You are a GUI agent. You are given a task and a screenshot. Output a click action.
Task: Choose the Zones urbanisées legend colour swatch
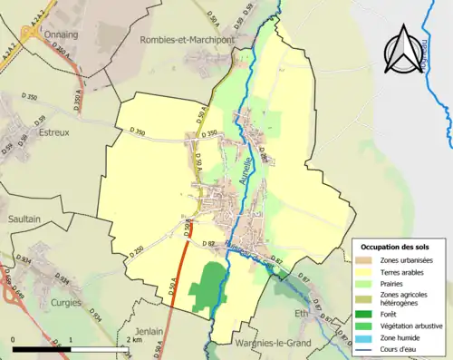tap(367, 260)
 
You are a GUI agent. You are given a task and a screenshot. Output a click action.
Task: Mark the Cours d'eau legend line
tap(367, 348)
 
